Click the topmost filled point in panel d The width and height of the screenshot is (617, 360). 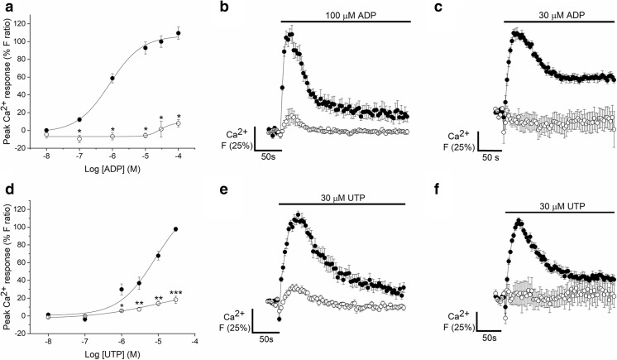176,229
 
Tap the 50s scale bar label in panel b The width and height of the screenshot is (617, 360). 269,155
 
